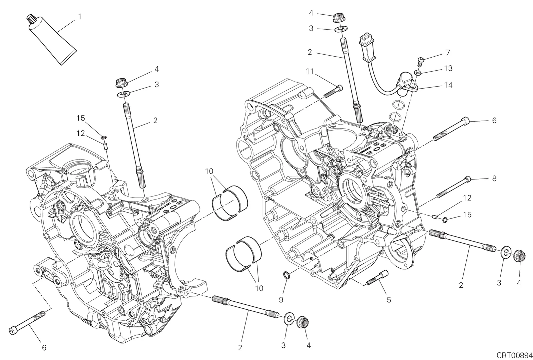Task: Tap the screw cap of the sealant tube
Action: point(30,19)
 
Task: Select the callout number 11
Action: point(309,71)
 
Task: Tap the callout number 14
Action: point(448,85)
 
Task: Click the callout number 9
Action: point(281,300)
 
